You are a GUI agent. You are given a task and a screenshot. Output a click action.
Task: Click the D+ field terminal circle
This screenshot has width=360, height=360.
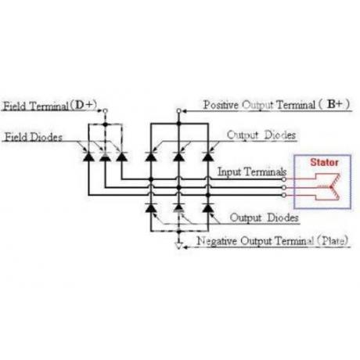pos(105,111)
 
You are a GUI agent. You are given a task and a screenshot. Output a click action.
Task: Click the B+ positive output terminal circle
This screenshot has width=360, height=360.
pos(178,111)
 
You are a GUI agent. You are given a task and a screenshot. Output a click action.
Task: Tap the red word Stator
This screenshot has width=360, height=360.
pos(324,162)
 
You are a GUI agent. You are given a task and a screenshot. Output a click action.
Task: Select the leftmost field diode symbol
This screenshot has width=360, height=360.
pos(88,157)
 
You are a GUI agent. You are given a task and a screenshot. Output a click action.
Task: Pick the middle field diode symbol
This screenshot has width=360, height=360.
pos(105,157)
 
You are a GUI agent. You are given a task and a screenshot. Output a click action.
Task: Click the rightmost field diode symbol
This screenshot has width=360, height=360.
pos(121,157)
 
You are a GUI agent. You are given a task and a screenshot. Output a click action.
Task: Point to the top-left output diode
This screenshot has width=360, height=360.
pos(150,157)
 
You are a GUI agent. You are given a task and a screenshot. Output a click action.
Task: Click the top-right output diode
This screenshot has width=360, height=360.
pos(208,157)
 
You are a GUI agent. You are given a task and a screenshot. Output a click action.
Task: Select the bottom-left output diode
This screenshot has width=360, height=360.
pos(150,207)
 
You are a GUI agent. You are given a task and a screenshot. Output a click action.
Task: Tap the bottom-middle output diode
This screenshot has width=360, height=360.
pos(178,207)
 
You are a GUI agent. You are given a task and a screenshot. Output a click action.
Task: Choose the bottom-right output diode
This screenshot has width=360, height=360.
pos(208,207)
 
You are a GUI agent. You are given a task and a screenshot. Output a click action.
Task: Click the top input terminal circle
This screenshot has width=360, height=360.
pos(284,179)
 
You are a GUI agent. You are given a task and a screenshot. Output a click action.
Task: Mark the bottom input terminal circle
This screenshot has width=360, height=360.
pos(284,195)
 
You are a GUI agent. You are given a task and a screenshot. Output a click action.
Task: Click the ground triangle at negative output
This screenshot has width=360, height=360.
pos(178,246)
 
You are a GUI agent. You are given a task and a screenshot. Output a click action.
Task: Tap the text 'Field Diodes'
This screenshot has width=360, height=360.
pos(34,137)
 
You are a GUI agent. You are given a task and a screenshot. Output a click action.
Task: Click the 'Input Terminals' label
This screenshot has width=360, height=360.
pos(252,172)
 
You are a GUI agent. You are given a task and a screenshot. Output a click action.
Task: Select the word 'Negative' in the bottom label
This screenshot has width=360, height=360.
pos(217,241)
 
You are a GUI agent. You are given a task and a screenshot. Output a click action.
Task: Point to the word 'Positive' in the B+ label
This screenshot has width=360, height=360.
pos(221,105)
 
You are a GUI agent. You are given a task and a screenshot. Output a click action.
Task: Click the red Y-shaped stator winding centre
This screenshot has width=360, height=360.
pos(331,187)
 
